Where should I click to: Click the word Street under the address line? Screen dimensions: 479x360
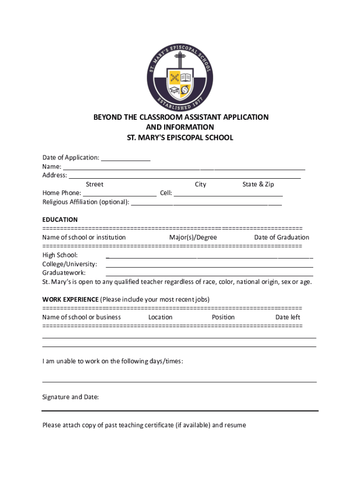(94, 184)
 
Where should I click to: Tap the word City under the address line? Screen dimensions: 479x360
(201, 184)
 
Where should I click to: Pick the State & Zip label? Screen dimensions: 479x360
(258, 184)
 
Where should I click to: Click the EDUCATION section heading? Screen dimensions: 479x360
(60, 219)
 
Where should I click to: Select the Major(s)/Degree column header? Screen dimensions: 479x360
(193, 237)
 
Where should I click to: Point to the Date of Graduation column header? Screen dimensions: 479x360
(281, 237)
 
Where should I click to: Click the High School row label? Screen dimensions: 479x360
(60, 255)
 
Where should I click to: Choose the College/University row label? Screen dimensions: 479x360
(70, 264)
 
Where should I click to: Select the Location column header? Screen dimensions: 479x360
(160, 317)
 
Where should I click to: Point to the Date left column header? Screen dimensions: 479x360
(288, 317)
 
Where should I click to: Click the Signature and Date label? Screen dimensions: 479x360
(71, 397)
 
